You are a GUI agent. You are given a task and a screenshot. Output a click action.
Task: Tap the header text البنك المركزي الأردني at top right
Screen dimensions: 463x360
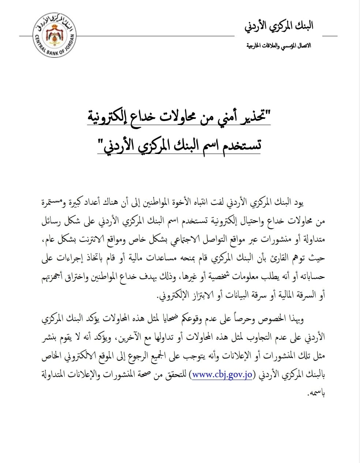point(279,26)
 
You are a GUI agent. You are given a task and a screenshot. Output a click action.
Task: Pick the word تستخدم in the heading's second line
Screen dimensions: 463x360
point(242,145)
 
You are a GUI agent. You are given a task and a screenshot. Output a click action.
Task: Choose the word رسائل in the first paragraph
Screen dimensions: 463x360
point(51,221)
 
